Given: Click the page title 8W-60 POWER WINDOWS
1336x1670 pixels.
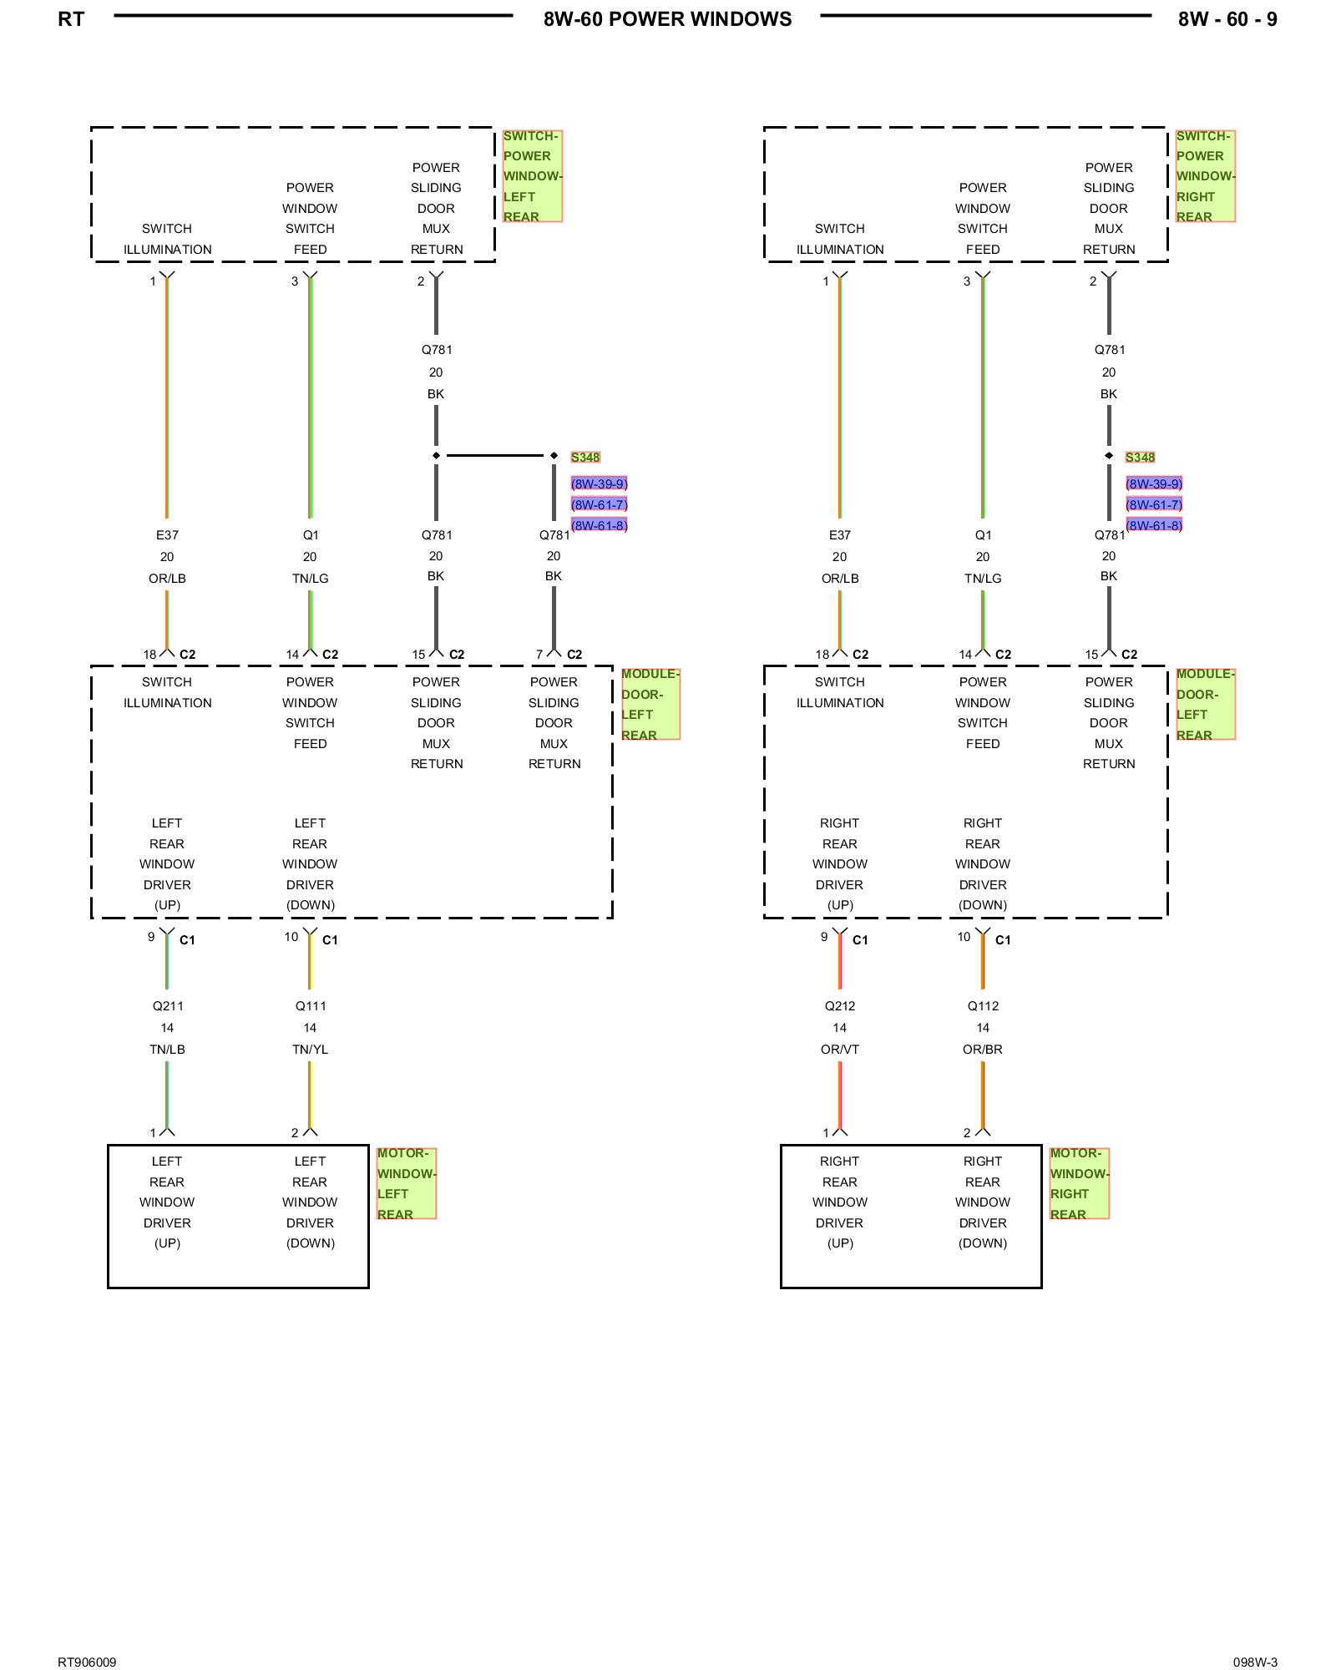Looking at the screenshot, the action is (x=667, y=19).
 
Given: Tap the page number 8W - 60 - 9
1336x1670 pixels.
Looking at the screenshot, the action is (x=1227, y=19).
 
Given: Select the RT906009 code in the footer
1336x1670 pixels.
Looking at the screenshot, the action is (x=87, y=1662).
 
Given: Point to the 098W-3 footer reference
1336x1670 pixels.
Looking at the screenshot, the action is (x=1255, y=1662).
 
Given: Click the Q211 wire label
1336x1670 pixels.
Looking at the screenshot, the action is (x=168, y=1006).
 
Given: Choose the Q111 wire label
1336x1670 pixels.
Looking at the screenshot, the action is (x=311, y=1006).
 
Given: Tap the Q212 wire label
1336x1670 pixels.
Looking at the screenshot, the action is (x=840, y=1006).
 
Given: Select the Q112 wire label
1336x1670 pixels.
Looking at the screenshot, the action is (x=983, y=1006).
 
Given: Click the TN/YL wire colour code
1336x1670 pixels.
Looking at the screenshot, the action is (x=311, y=1050).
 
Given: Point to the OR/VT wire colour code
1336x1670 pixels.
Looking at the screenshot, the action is (x=840, y=1050).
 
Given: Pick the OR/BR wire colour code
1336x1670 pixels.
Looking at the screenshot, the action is (x=983, y=1050).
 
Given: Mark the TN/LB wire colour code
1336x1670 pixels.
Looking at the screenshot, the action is (x=168, y=1050).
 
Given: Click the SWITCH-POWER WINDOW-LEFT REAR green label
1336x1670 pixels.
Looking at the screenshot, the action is (x=532, y=176).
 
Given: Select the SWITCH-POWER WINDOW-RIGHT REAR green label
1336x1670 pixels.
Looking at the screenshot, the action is (x=1205, y=176).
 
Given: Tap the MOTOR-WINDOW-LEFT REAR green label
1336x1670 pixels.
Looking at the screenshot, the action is (x=406, y=1183).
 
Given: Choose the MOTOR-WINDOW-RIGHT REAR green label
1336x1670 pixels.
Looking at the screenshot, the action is (x=1079, y=1183).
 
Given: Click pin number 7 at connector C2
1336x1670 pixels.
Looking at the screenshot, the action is (x=539, y=655).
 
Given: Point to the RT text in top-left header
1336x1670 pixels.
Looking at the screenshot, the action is (x=71, y=19).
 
